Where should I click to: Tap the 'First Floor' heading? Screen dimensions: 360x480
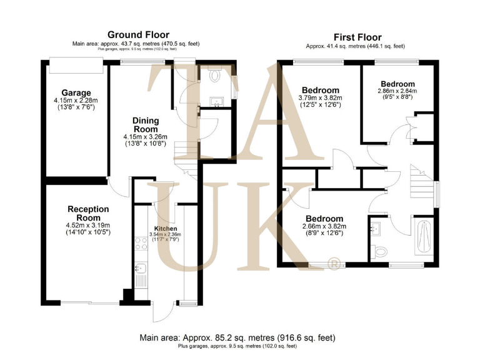click(x=357, y=37)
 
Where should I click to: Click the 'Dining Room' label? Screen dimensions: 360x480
click(x=145, y=125)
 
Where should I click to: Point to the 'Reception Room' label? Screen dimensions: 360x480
click(x=88, y=213)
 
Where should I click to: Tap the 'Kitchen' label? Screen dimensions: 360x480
click(x=166, y=229)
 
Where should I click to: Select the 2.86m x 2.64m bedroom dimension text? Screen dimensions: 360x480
click(x=397, y=91)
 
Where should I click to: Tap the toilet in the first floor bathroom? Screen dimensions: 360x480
click(x=382, y=251)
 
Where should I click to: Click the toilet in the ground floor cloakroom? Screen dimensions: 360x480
click(x=215, y=77)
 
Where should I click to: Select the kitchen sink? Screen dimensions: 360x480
click(x=140, y=269)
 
